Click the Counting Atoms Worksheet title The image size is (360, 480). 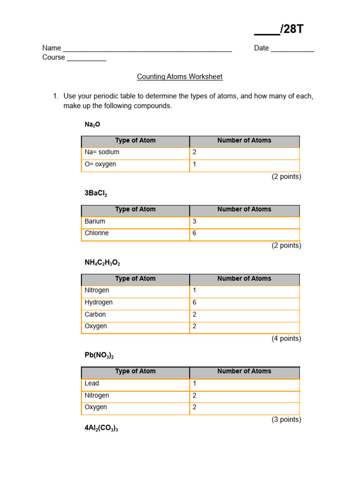click(x=180, y=76)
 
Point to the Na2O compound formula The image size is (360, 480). click(x=92, y=125)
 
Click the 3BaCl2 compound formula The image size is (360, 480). click(x=96, y=194)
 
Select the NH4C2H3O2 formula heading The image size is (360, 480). click(x=102, y=263)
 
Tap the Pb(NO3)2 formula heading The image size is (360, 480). click(x=99, y=355)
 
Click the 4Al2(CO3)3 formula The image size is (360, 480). click(x=101, y=428)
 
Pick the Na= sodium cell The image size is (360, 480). click(x=102, y=152)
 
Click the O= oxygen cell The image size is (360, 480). click(x=100, y=165)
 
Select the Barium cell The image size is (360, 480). click(x=95, y=221)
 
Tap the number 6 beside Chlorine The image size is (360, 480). click(x=195, y=233)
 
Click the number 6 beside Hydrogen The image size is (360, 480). click(x=195, y=303)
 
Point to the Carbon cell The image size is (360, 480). click(x=95, y=315)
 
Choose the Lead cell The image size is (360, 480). click(x=92, y=383)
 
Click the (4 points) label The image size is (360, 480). click(x=286, y=338)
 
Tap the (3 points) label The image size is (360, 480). click(x=286, y=420)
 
